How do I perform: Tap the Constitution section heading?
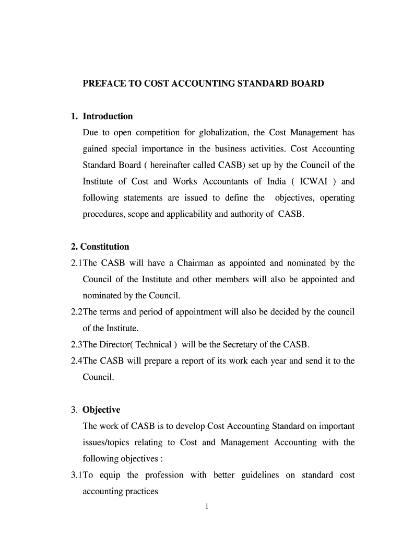pos(104,247)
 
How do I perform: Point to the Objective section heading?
pos(101,410)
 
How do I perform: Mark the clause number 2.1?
pos(76,263)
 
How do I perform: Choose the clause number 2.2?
pos(76,312)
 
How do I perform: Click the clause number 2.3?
pos(76,345)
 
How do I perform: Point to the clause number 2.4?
pos(76,361)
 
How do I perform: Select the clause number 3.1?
pos(76,475)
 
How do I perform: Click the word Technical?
pos(153,345)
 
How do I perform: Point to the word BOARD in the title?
pos(306,84)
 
